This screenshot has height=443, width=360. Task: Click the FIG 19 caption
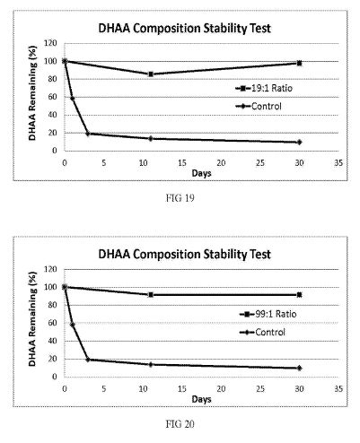[x=180, y=198]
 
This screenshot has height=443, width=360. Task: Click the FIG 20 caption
[x=180, y=424]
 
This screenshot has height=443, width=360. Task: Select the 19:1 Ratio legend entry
[x=264, y=88]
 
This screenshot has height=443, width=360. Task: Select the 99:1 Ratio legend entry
[x=268, y=314]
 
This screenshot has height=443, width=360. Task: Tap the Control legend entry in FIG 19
[x=259, y=106]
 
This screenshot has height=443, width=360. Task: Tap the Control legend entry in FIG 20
[x=263, y=332]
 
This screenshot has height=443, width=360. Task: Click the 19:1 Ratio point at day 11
[x=151, y=74]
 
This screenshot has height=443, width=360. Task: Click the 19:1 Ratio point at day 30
[x=299, y=63]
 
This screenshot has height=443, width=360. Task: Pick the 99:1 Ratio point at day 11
[x=151, y=295]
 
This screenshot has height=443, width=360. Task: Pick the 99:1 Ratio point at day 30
[x=299, y=295]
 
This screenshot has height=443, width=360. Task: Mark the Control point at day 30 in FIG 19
[x=299, y=143]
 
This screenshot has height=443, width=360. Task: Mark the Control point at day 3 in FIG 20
[x=88, y=360]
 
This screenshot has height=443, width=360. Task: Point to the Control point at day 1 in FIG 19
[x=72, y=99]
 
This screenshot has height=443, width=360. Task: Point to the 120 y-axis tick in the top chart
[x=50, y=43]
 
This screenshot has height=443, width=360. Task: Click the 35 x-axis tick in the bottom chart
[x=338, y=388]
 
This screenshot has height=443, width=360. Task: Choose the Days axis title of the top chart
[x=201, y=173]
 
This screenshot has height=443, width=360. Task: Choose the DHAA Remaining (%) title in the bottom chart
[x=32, y=318]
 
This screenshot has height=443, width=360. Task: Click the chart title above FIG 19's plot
[x=185, y=29]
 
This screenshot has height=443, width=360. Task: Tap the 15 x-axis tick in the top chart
[x=182, y=163]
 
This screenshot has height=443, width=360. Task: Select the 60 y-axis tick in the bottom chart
[x=52, y=323]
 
